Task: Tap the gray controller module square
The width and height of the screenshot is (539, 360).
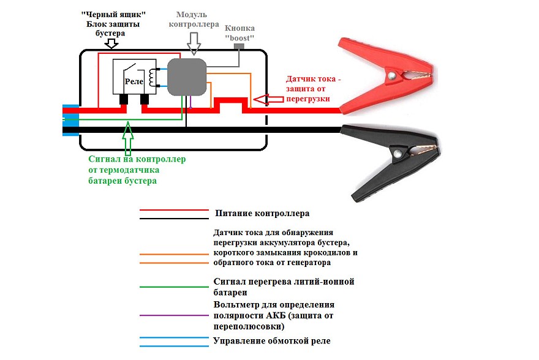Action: click(187, 78)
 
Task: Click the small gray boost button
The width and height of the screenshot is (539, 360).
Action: click(239, 48)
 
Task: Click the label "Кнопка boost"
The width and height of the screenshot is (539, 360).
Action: click(239, 32)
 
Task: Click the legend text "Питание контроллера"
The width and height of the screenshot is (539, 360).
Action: click(262, 214)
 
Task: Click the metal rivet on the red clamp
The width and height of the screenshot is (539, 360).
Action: click(391, 76)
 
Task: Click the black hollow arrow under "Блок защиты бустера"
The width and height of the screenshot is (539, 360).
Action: click(111, 43)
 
